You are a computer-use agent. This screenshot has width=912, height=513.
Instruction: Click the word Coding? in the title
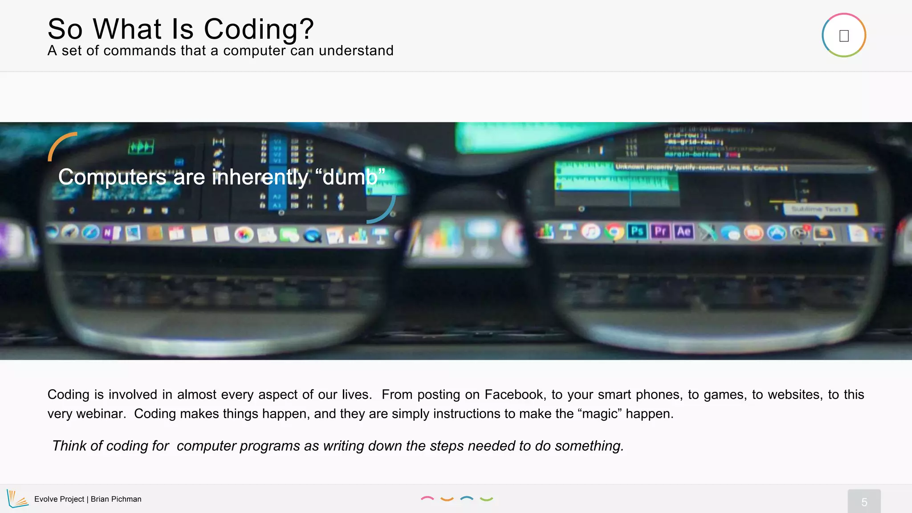(259, 29)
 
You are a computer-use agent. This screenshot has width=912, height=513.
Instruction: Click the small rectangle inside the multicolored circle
(844, 36)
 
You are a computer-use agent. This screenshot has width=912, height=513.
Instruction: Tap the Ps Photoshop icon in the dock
(637, 232)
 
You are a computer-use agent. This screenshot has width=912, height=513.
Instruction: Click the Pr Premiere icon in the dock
(660, 232)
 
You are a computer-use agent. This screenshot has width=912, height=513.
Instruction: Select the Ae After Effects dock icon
(684, 232)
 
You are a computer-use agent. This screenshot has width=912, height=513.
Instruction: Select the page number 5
(864, 502)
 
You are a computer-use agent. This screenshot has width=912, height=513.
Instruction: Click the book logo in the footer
(17, 499)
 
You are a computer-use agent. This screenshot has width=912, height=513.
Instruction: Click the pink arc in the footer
(427, 498)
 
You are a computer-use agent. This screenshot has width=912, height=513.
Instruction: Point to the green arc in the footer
(486, 499)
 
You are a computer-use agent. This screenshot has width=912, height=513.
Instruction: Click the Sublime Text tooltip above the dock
(820, 209)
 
